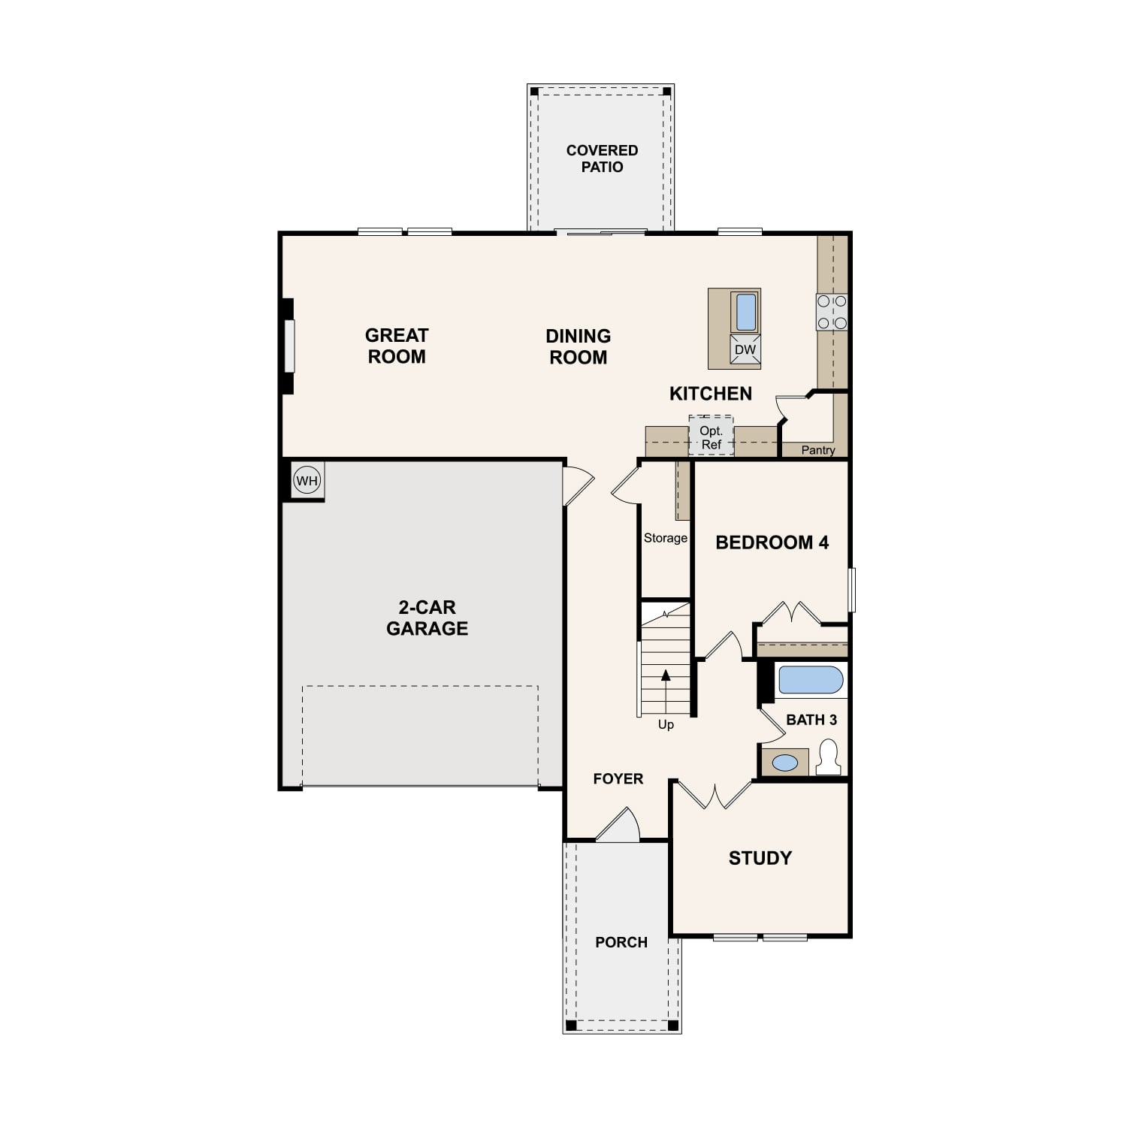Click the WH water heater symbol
point(307,480)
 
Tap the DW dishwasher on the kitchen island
point(745,350)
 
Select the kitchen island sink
point(745,312)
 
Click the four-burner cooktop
point(832,312)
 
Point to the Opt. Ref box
point(711,436)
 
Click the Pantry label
point(818,450)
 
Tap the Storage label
point(666,538)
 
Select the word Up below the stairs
point(666,724)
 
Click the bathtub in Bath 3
point(811,680)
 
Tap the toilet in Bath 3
point(829,757)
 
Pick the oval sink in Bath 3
point(785,763)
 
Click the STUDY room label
point(760,858)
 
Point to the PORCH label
point(621,942)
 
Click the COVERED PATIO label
point(602,159)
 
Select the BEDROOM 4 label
point(772,542)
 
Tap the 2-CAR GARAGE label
point(427,618)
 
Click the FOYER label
point(618,779)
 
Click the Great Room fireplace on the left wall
point(287,346)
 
